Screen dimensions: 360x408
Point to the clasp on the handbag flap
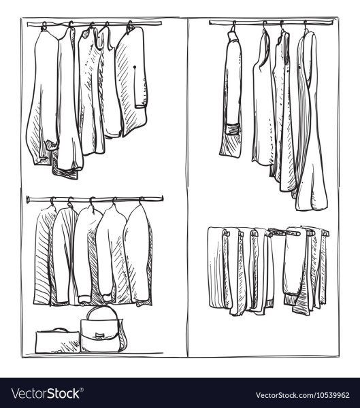[x=99, y=335]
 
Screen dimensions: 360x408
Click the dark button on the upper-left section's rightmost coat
[x=135, y=67]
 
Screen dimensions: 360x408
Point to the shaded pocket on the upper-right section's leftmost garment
[x=233, y=129]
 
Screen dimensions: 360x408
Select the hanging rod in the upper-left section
[x=95, y=24]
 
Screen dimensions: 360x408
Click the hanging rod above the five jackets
[x=95, y=199]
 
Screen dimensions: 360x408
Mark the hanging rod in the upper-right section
[x=272, y=22]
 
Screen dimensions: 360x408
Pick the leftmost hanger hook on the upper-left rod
[x=44, y=27]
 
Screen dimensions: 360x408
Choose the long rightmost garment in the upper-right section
[x=310, y=120]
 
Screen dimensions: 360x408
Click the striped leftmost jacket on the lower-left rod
[x=43, y=256]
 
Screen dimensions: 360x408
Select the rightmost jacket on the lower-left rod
[x=138, y=255]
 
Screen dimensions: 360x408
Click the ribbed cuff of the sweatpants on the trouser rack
[x=291, y=299]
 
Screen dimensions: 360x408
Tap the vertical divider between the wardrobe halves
[x=187, y=188]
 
